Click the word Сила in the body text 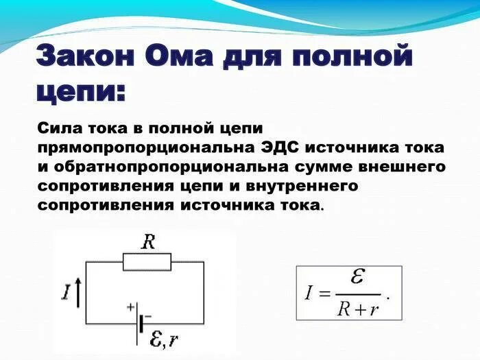60,128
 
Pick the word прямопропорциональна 148,147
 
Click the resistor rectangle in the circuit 147,261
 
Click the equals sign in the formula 322,294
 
